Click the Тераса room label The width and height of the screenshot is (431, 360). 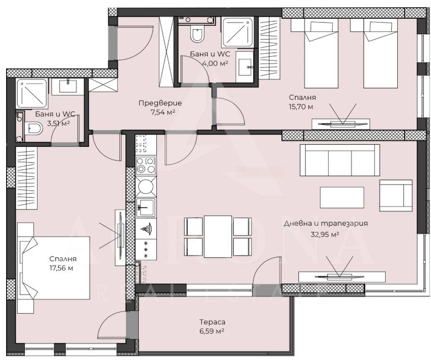coord(212,322)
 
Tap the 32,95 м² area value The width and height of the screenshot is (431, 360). coord(324,235)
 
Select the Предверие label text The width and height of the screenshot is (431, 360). coord(160,103)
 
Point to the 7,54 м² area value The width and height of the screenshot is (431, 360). coord(163,113)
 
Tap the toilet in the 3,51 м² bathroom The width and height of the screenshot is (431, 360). coord(34,129)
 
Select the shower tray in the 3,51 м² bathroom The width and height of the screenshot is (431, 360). coord(32,93)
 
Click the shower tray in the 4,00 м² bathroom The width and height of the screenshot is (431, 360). coord(238,32)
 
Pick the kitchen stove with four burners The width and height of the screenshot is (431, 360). coord(146,166)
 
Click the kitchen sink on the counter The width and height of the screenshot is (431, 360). coord(146,207)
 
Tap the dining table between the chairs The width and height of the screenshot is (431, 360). coord(218,237)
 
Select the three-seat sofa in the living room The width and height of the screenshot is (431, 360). coord(340,160)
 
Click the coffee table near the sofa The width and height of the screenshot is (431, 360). coord(342,198)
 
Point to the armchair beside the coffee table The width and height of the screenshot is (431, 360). coord(396,195)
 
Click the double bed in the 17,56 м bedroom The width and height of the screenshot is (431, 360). coord(54,268)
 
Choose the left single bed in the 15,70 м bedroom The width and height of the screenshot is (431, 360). coord(314,53)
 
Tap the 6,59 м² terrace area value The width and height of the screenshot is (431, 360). coord(212,331)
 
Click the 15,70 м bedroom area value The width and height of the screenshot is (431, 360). coord(301,107)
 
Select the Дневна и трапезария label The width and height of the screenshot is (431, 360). coord(325,224)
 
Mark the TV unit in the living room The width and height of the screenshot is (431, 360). coord(342,277)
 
